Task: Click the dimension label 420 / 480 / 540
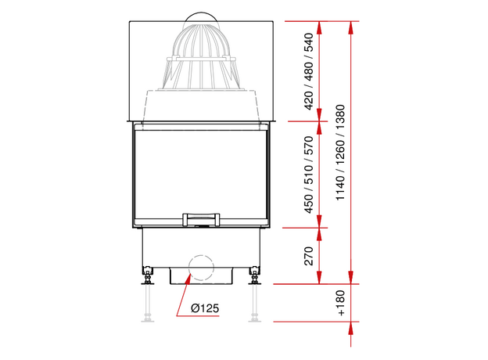tap(308, 71)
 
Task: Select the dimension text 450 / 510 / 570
tap(308, 175)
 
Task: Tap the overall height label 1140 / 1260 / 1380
tap(340, 153)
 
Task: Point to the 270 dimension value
tap(308, 256)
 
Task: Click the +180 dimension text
tap(341, 303)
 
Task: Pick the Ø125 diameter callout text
tap(205, 308)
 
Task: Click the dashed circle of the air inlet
tap(201, 268)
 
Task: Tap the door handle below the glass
tap(201, 219)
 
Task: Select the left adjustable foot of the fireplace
tap(148, 275)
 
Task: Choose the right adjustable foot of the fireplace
tap(255, 275)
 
